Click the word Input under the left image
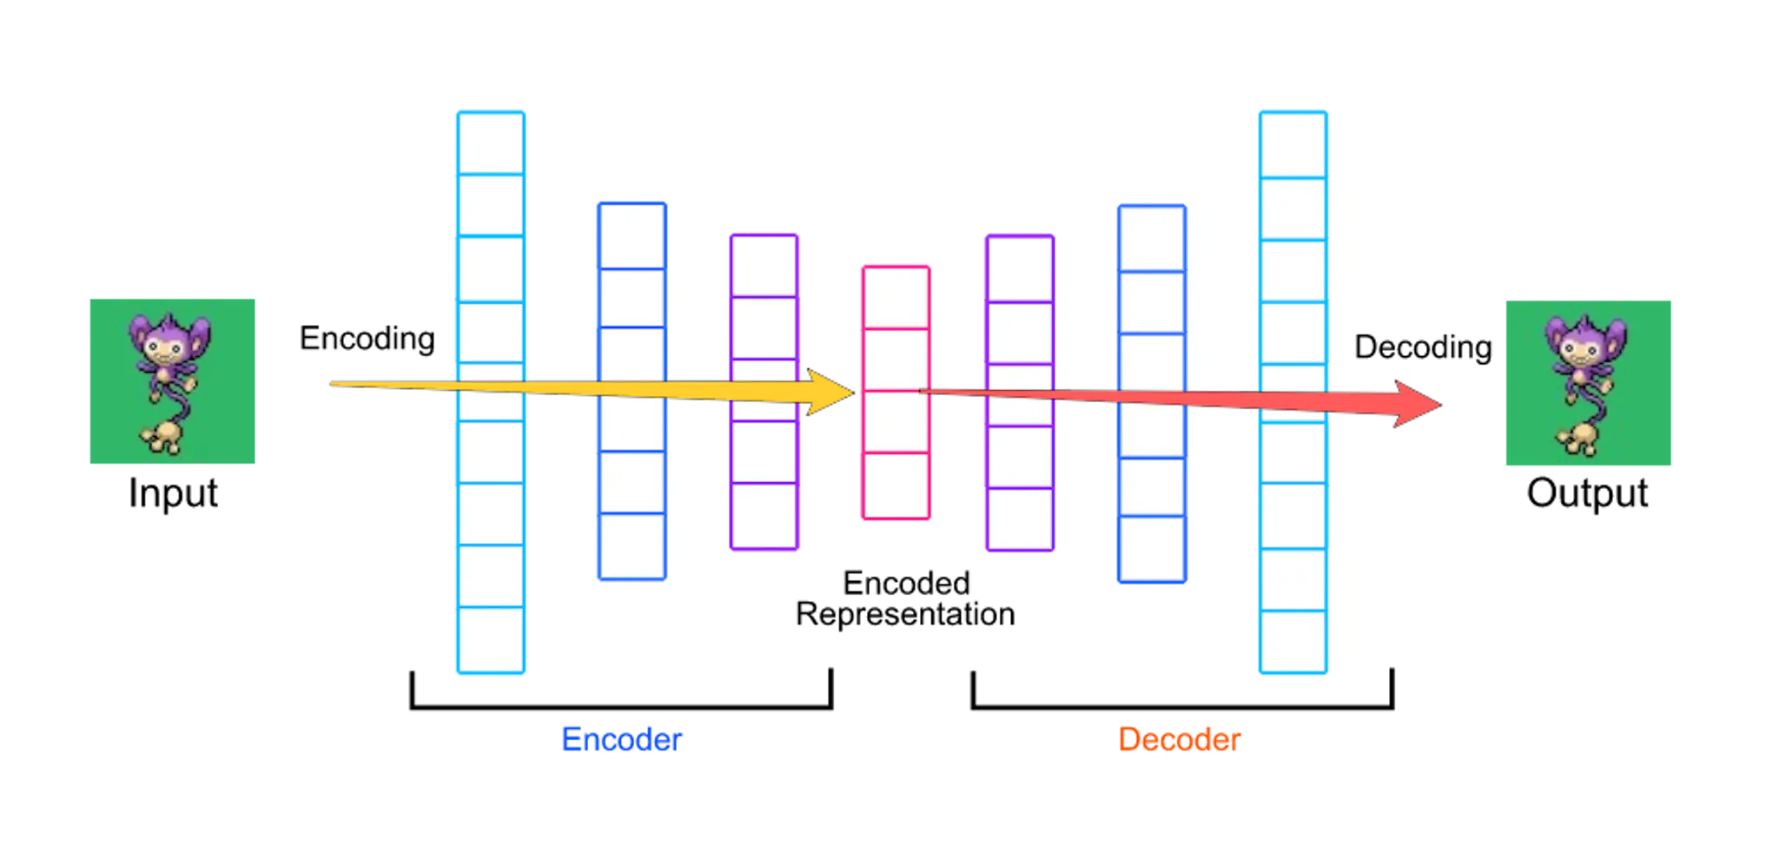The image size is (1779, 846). [173, 493]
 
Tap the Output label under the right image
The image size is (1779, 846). [1587, 493]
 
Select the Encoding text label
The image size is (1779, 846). [367, 339]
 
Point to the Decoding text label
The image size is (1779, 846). [1423, 347]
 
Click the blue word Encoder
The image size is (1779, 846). [622, 739]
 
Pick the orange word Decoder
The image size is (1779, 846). [1180, 739]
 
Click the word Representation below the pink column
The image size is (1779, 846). [905, 615]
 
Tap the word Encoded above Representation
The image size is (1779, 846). [906, 583]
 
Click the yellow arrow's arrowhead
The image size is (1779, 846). [830, 392]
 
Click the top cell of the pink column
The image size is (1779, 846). [896, 298]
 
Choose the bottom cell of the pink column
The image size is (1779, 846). [896, 486]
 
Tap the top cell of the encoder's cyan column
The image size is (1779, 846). [491, 143]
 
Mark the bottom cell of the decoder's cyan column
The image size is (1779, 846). [1293, 642]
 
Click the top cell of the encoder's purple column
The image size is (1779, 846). [764, 266]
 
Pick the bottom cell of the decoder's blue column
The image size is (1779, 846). [1152, 549]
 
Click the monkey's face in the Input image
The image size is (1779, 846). [164, 350]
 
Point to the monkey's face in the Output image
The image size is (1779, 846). [1580, 352]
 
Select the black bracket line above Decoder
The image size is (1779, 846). [1182, 706]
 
